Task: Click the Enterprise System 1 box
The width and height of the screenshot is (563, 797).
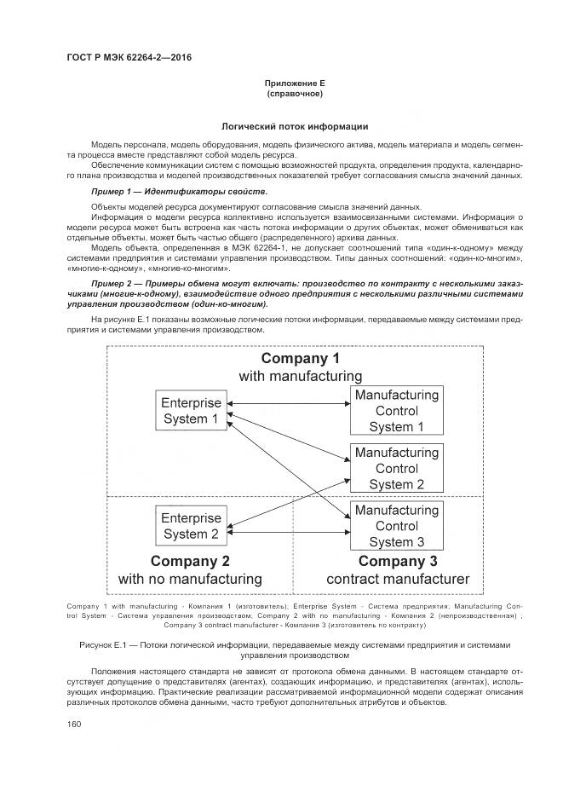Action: pos(192,411)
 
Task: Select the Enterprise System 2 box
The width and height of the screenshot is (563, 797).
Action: pos(192,526)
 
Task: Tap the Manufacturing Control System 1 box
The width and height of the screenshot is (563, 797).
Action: pos(397,411)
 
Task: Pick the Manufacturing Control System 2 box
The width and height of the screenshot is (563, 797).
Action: pos(397,468)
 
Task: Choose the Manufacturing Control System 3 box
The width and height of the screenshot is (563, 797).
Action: pos(397,526)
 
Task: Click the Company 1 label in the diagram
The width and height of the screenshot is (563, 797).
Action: pos(300,358)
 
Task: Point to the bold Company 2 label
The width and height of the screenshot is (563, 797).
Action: pos(190,561)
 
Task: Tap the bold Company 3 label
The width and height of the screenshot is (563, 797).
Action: pos(398,561)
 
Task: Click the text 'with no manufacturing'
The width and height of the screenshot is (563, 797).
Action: pos(190,580)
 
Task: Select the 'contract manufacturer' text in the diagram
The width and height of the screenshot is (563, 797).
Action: pos(398,580)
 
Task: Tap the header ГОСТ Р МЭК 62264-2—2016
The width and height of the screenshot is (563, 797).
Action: pos(128,58)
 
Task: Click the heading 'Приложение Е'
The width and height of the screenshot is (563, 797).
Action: pos(295,84)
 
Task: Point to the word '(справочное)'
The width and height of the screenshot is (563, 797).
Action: pos(295,94)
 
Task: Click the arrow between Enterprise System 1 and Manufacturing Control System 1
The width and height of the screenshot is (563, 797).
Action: pos(287,403)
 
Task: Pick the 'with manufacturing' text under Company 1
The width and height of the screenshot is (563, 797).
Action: pos(300,376)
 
